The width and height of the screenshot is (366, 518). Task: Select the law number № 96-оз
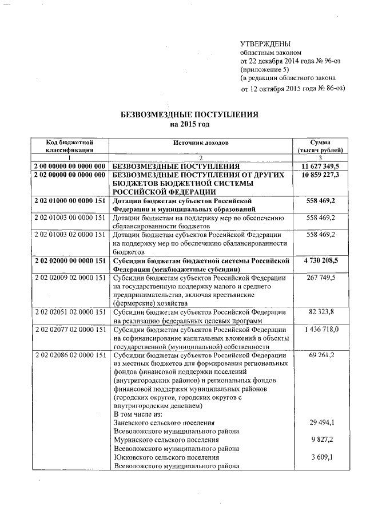coord(320,61)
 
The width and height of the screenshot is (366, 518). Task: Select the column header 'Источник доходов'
coord(200,142)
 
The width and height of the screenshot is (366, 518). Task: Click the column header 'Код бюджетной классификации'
coord(70,146)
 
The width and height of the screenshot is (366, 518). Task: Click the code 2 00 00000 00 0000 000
coord(70,165)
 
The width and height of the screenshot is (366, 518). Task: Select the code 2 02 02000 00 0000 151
coord(70,261)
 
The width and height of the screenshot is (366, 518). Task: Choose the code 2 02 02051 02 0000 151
coord(70,312)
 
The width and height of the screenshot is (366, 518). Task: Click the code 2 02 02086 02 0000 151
coord(70,355)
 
